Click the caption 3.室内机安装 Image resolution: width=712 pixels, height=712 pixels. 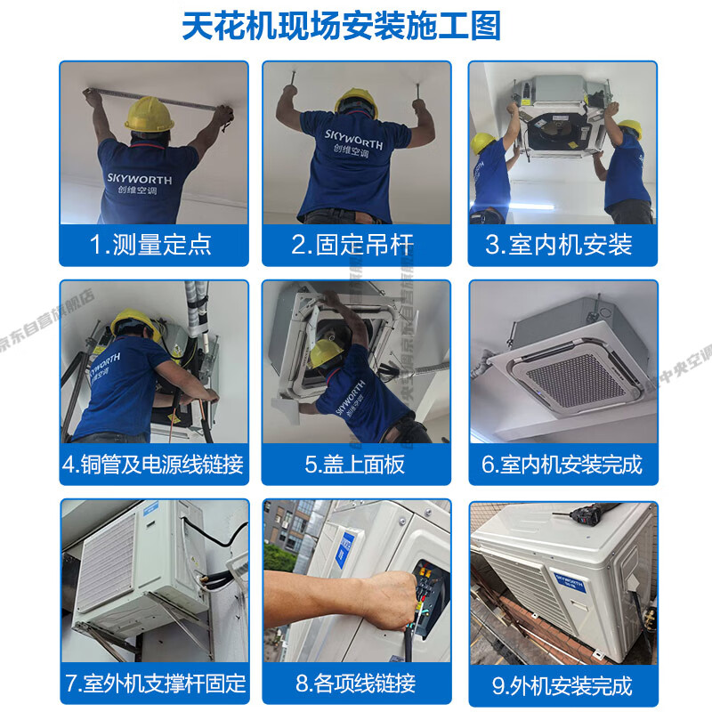(x=558, y=245)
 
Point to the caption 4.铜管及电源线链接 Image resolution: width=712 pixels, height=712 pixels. (x=153, y=464)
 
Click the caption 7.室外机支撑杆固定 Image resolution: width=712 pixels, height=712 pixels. (x=154, y=684)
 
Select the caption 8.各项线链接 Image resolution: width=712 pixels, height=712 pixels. (x=355, y=684)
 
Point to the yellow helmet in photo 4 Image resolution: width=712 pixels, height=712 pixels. (x=136, y=324)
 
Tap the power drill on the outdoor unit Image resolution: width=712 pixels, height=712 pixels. (x=588, y=516)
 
